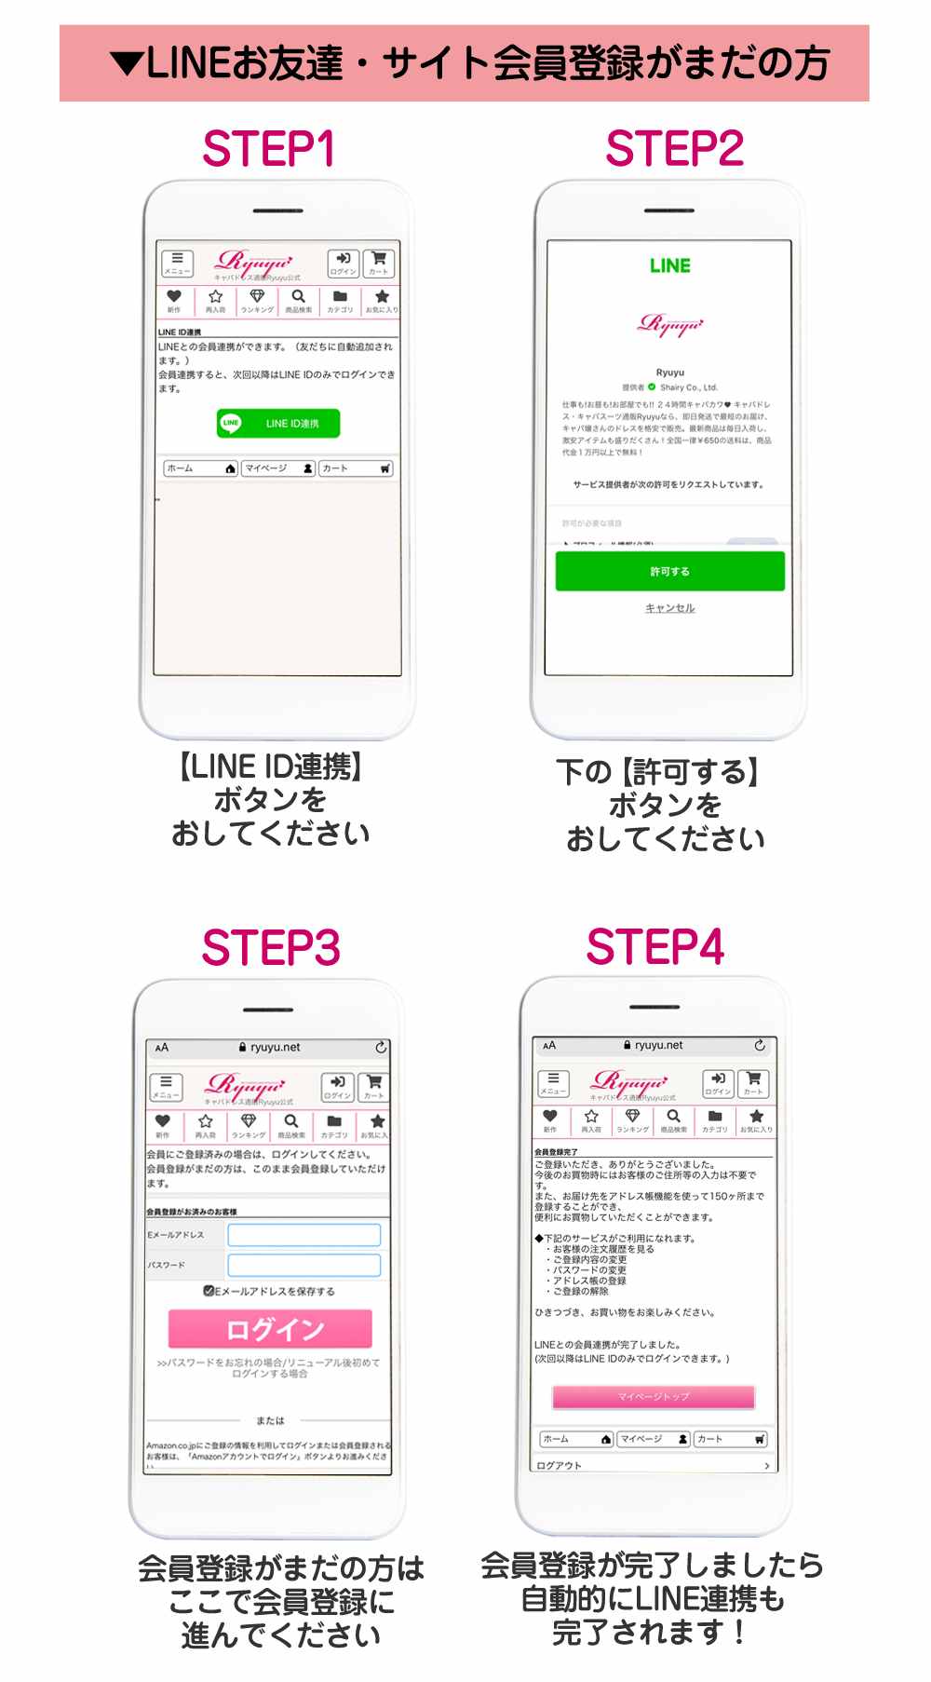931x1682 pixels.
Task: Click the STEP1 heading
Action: tap(268, 149)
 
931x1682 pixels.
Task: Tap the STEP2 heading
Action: tap(674, 149)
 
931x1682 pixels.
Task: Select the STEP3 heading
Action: tap(271, 948)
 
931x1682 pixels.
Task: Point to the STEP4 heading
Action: tap(655, 947)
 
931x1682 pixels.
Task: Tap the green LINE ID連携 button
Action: tap(278, 423)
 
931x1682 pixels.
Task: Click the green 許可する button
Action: tap(669, 571)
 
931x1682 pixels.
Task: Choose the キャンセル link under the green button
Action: tap(670, 608)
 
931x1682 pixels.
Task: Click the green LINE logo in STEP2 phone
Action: tap(670, 266)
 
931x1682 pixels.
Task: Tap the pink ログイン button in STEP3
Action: tap(270, 1329)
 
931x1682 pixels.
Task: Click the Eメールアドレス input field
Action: tap(304, 1235)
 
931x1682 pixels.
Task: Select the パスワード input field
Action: tap(304, 1265)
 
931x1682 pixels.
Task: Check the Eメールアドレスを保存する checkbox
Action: tap(209, 1291)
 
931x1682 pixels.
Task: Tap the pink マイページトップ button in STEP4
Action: tap(653, 1396)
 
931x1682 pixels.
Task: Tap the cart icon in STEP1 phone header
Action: tap(379, 263)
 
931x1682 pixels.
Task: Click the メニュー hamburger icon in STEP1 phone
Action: tap(177, 263)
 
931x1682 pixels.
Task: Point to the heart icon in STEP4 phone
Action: tap(550, 1116)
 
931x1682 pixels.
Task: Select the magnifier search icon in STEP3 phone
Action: tap(291, 1121)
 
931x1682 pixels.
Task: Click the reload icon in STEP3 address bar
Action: tap(381, 1048)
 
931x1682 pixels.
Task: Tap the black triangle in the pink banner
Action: tap(126, 63)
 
